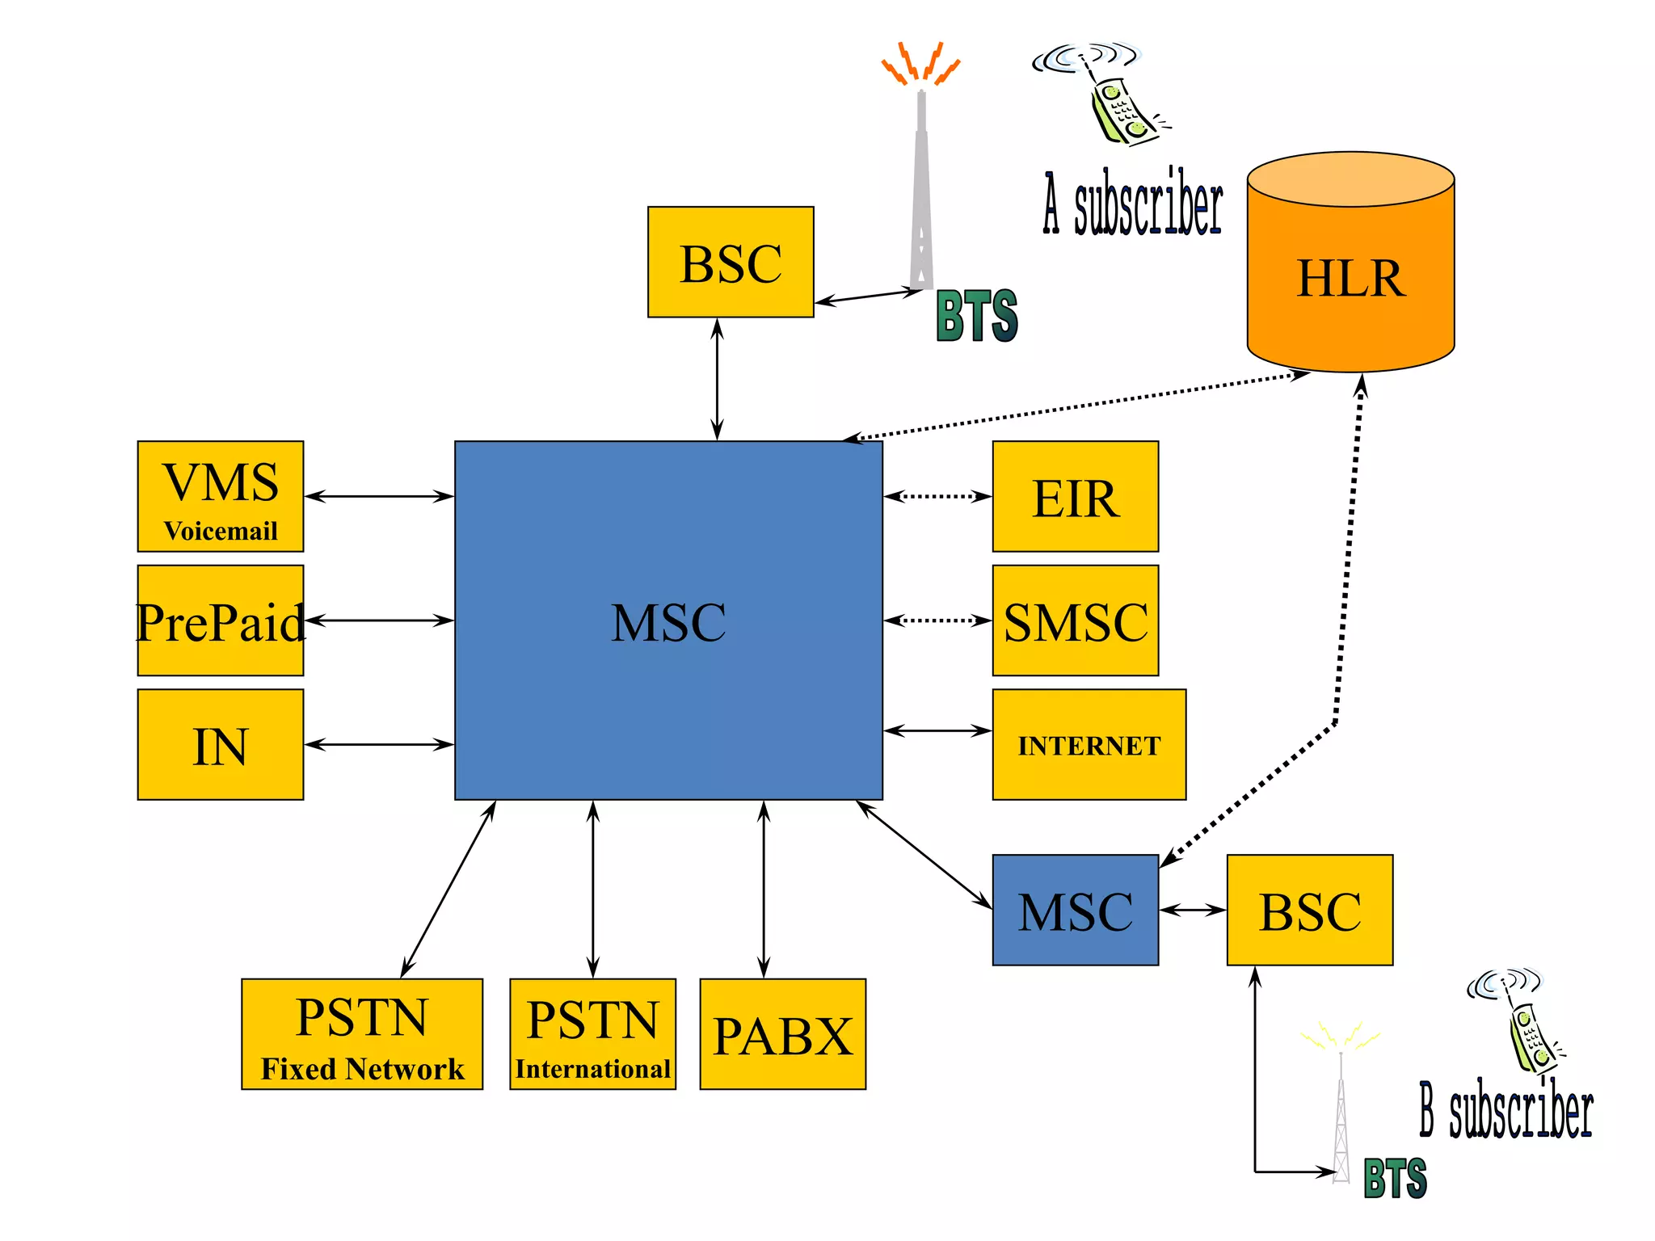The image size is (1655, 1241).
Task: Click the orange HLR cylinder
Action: pyautogui.click(x=1350, y=275)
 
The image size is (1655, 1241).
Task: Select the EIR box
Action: pyautogui.click(x=1075, y=496)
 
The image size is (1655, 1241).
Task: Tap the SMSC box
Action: pyautogui.click(x=1075, y=620)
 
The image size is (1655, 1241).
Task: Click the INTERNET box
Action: pyautogui.click(x=1089, y=744)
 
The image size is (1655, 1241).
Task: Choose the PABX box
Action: pyautogui.click(x=782, y=1034)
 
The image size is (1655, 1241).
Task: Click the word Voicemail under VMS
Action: pyautogui.click(x=220, y=531)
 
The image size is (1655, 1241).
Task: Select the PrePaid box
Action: pyautogui.click(x=220, y=620)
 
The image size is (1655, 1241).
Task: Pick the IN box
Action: pyautogui.click(x=220, y=744)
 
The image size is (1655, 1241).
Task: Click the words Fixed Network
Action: pyautogui.click(x=362, y=1069)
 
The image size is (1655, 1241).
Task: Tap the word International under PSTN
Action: pyautogui.click(x=592, y=1069)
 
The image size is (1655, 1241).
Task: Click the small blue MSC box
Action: pyautogui.click(x=1075, y=910)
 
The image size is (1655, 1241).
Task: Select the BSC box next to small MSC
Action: pyautogui.click(x=1309, y=910)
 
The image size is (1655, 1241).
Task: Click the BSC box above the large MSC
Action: pyautogui.click(x=731, y=262)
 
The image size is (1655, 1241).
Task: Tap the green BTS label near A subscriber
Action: pyautogui.click(x=976, y=316)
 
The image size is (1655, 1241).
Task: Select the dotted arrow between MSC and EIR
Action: pyautogui.click(x=937, y=496)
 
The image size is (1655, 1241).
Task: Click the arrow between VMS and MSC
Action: pyautogui.click(x=378, y=496)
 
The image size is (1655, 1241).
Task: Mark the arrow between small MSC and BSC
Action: pyautogui.click(x=1193, y=910)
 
